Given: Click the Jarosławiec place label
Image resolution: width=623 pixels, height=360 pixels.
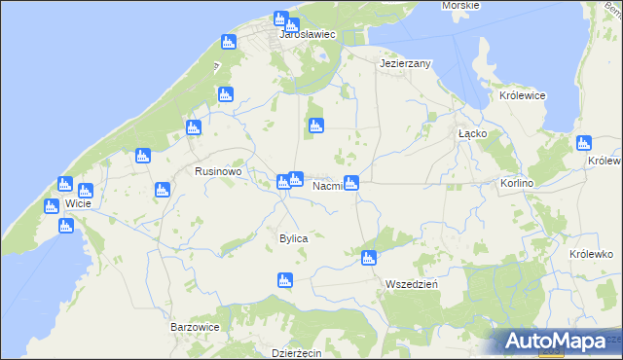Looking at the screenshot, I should point(307,34).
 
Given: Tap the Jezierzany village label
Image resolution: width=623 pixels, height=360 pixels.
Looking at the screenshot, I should point(405,62).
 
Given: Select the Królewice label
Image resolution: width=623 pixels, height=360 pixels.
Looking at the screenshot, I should point(522,96).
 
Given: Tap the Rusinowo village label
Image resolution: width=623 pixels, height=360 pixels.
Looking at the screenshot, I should point(216,171).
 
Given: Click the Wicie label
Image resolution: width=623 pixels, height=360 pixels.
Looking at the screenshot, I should point(78,204).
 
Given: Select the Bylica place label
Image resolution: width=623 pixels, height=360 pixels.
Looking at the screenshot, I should point(293,238).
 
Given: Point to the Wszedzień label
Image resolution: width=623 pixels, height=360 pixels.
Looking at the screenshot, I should point(411,284).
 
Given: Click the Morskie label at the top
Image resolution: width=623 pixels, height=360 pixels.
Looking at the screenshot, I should point(460,6).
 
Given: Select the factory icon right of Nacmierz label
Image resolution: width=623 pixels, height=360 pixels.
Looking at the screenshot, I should point(351,182).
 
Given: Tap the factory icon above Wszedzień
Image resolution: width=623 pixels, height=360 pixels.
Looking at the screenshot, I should point(368,258).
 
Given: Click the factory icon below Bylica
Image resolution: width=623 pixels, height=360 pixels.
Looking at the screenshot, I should point(284,280).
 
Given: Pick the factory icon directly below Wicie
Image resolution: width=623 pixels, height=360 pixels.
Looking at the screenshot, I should point(66,226).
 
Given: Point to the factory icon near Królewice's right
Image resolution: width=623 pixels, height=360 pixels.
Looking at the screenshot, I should point(584,143).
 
